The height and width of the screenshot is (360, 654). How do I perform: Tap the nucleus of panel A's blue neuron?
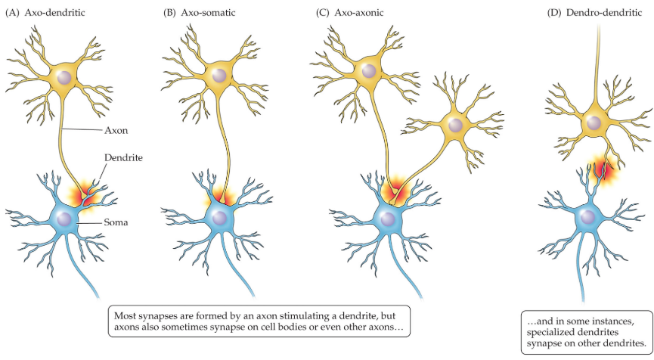[67, 219]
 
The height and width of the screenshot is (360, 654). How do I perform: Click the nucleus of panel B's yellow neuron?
[219, 75]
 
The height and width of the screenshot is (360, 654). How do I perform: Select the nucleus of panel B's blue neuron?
[220, 219]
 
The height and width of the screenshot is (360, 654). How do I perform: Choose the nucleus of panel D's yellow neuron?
[594, 121]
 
